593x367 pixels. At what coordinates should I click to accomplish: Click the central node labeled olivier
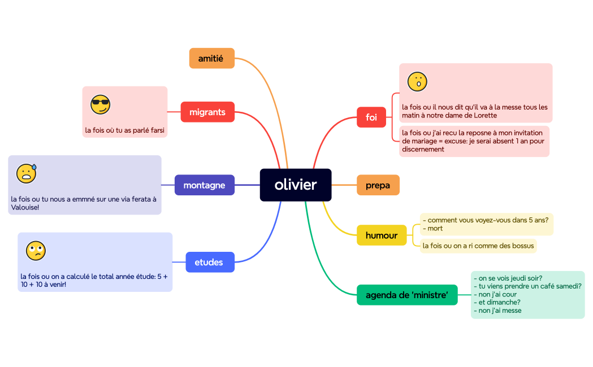coord(296,185)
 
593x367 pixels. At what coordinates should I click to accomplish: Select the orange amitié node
coord(211,58)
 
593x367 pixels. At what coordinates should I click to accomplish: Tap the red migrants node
coord(207,112)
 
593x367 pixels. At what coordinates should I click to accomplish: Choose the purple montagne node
coord(204,185)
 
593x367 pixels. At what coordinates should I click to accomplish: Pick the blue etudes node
coord(209,262)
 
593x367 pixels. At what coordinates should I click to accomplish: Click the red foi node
coord(371,117)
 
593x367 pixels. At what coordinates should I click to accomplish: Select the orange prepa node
coord(378,185)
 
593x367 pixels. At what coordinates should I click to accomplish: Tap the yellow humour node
coord(382,235)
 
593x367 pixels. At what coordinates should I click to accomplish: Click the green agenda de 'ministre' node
coord(407,295)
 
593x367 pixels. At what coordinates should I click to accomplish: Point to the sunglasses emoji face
coord(101,104)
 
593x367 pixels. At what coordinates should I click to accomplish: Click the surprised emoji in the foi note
coord(417,82)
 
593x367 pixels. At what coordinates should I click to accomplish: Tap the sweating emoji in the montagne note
coord(26,173)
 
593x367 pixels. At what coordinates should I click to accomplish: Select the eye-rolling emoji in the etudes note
coord(36,250)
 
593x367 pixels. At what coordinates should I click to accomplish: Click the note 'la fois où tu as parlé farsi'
coord(125,130)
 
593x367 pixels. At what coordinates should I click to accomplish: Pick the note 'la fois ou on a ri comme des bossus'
coord(478,246)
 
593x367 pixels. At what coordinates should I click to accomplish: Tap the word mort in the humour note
coord(435,229)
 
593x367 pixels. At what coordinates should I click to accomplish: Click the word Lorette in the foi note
coord(484,115)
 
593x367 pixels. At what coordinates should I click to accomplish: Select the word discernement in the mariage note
coord(423,149)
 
